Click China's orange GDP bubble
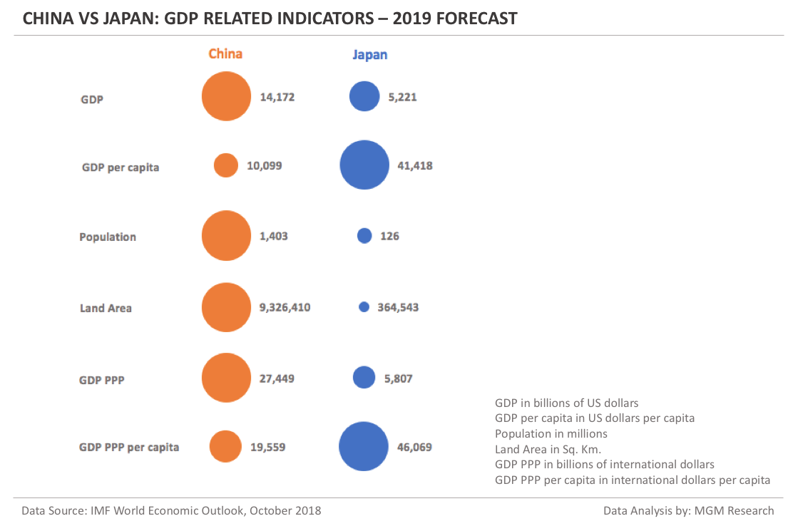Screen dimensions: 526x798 [x=226, y=97]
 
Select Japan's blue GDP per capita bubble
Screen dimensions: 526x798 [x=364, y=165]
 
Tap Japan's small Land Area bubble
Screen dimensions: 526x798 [x=364, y=307]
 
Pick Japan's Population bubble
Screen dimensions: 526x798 [x=364, y=236]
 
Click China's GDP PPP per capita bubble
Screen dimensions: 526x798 [x=225, y=447]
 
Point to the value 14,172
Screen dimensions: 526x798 [x=277, y=97]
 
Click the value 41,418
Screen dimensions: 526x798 [x=415, y=165]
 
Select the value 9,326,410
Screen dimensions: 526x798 [x=285, y=307]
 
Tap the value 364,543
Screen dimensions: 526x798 [x=398, y=307]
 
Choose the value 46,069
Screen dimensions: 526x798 [x=414, y=447]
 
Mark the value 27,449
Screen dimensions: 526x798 [x=277, y=378]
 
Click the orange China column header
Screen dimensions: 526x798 [x=225, y=54]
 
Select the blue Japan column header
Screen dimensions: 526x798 [x=369, y=55]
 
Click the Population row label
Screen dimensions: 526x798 [x=108, y=237]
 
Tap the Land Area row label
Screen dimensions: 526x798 [x=106, y=308]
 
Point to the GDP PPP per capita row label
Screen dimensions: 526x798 [x=129, y=447]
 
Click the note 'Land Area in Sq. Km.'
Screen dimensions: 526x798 [x=548, y=449]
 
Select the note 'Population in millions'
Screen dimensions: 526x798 [x=551, y=433]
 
